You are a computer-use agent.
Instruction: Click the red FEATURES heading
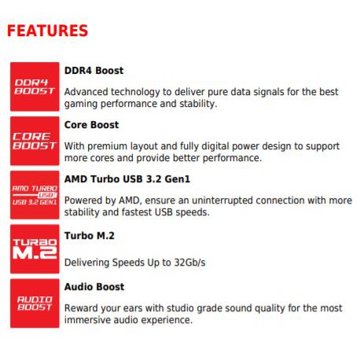pyautogui.click(x=47, y=31)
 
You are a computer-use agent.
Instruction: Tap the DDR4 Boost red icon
pyautogui.click(x=35, y=86)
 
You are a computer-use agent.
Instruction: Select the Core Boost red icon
pyautogui.click(x=35, y=141)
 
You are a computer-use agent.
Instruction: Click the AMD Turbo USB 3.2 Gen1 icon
pyautogui.click(x=35, y=195)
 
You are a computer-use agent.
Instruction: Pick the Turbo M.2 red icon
pyautogui.click(x=35, y=249)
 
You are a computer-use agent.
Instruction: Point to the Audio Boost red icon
pyautogui.click(x=35, y=303)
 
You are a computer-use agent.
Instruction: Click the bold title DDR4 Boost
pyautogui.click(x=94, y=71)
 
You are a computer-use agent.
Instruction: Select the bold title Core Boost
pyautogui.click(x=91, y=125)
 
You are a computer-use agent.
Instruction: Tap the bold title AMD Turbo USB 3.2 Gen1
pyautogui.click(x=127, y=179)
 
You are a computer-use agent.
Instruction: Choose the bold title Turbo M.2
pyautogui.click(x=90, y=236)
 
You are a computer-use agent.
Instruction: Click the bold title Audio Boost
pyautogui.click(x=94, y=287)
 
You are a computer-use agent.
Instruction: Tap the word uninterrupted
pyautogui.click(x=222, y=200)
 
